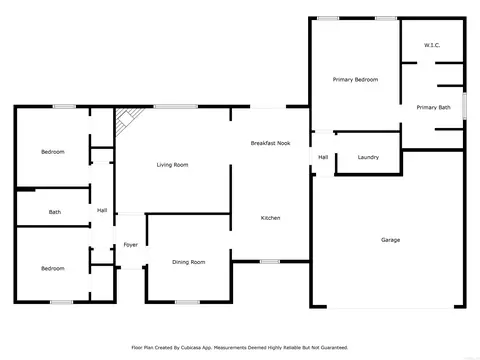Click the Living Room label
[x=172, y=165]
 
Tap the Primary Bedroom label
[x=355, y=80]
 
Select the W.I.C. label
[x=432, y=45]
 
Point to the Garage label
[x=390, y=240]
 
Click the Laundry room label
[x=368, y=157]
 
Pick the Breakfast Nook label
[x=270, y=143]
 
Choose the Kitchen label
[x=270, y=218]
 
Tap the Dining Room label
[x=189, y=262]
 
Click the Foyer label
[x=131, y=245]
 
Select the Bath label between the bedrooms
[x=55, y=212]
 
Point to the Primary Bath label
[x=433, y=107]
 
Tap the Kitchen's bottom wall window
[x=270, y=262]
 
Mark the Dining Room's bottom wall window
[x=187, y=302]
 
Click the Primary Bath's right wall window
[x=464, y=106]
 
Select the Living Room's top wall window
[x=176, y=107]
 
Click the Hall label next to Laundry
[x=323, y=157]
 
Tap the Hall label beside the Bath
[x=102, y=210]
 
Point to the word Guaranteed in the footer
[x=334, y=348]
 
